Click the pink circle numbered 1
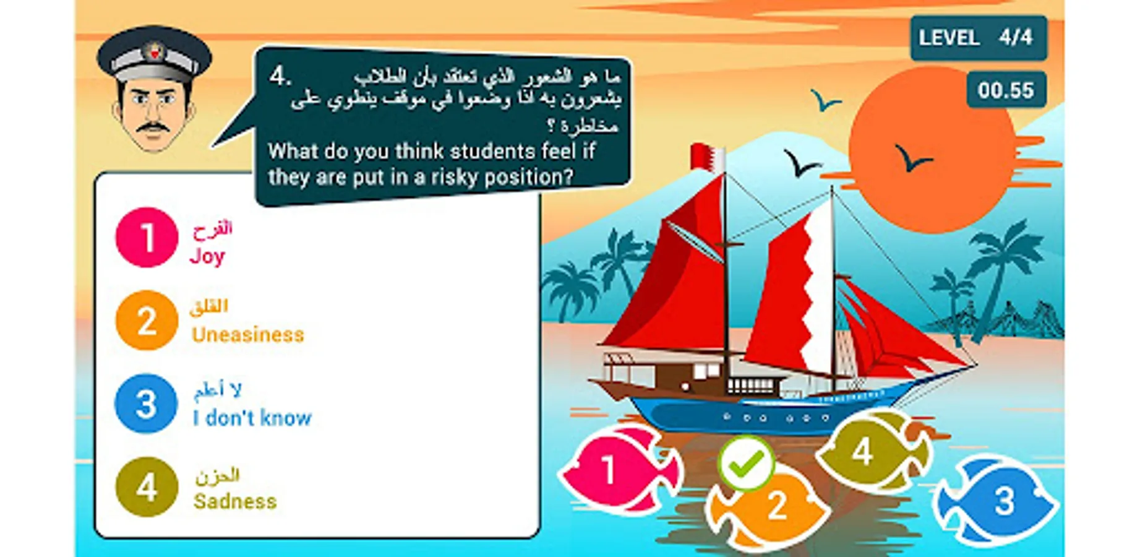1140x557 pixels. pyautogui.click(x=147, y=238)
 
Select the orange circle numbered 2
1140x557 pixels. pyautogui.click(x=147, y=321)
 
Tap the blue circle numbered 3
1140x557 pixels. pyautogui.click(x=146, y=404)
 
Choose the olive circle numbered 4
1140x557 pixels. pyautogui.click(x=147, y=487)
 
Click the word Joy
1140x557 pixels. pyautogui.click(x=207, y=256)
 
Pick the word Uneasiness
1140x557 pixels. pyautogui.click(x=248, y=335)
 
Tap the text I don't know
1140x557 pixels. pyautogui.click(x=252, y=418)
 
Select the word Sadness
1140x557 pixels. pyautogui.click(x=235, y=501)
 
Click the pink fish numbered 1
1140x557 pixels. pyautogui.click(x=620, y=470)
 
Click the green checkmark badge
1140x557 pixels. pyautogui.click(x=746, y=463)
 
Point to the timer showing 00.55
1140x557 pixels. pyautogui.click(x=1006, y=90)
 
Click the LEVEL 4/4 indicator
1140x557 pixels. pyautogui.click(x=979, y=38)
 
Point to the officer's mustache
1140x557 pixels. pyautogui.click(x=153, y=128)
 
